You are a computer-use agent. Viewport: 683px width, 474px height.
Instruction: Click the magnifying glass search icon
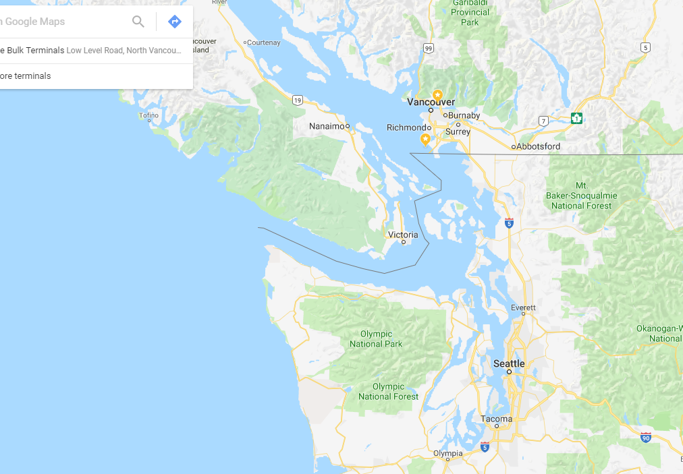(138, 22)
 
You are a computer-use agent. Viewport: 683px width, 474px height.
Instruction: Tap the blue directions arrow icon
(175, 22)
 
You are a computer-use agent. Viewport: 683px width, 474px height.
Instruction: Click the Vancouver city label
(431, 102)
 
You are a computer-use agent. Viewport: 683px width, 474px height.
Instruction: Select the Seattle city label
(509, 363)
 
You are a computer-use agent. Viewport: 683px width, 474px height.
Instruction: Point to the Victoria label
(403, 235)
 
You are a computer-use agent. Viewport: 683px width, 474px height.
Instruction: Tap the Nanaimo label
(327, 126)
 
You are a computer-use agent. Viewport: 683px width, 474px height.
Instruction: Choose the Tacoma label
(496, 419)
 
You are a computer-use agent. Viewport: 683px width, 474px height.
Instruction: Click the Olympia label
(448, 454)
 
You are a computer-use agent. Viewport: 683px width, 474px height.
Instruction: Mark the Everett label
(523, 307)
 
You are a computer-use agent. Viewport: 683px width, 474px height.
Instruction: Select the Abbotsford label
(538, 146)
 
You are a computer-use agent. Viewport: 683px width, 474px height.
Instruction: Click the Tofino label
(148, 115)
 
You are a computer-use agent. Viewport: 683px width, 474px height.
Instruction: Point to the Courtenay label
(263, 42)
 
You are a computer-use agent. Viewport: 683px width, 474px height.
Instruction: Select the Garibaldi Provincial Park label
(470, 13)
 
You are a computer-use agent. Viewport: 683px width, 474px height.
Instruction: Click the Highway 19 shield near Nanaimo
(298, 100)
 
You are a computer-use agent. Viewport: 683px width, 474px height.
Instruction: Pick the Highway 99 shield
(429, 48)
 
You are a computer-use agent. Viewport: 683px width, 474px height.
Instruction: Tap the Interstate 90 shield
(646, 437)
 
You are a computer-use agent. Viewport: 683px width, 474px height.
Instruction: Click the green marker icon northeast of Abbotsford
(576, 118)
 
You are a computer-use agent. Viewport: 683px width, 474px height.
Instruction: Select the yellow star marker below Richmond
(425, 139)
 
